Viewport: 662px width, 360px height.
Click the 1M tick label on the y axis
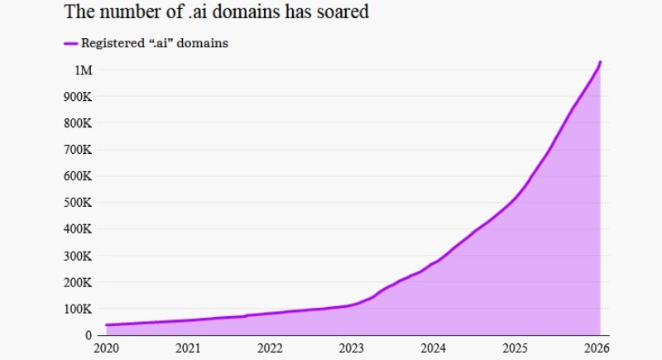click(x=84, y=70)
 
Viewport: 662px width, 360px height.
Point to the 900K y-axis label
click(x=79, y=97)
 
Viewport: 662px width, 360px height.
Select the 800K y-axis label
click(x=79, y=123)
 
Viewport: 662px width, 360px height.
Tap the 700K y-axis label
click(x=79, y=150)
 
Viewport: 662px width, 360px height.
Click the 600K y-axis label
click(x=79, y=176)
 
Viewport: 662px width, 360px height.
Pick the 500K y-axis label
click(x=79, y=203)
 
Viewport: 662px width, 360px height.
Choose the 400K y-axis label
click(x=79, y=229)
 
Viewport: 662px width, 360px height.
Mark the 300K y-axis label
click(x=79, y=256)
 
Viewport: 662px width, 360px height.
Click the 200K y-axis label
click(x=79, y=282)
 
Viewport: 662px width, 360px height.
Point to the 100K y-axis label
click(x=79, y=309)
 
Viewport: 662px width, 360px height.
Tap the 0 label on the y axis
click(x=89, y=335)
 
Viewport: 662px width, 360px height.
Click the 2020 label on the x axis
click(x=107, y=348)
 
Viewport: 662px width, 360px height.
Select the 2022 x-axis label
click(x=271, y=348)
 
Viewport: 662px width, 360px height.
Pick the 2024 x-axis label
click(x=434, y=348)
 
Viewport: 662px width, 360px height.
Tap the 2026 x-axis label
click(x=597, y=348)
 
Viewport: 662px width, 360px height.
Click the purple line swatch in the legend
click(x=70, y=43)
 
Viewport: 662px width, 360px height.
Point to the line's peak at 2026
click(x=600, y=61)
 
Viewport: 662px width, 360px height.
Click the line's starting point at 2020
click(x=107, y=325)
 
